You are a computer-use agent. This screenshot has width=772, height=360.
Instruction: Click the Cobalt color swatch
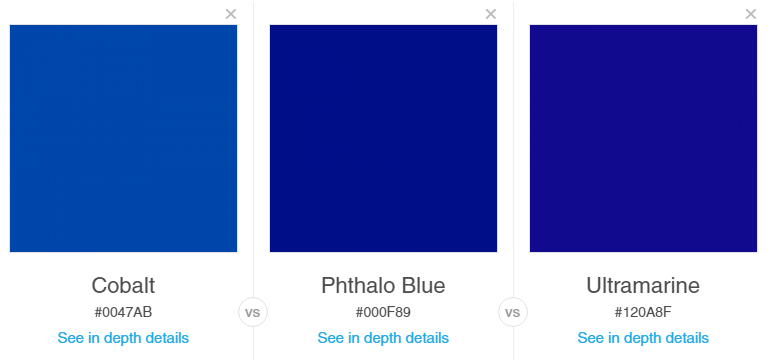[x=123, y=138]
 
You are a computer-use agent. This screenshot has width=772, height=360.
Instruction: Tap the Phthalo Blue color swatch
[x=383, y=138]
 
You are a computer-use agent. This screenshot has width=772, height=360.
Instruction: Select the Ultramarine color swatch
[x=643, y=138]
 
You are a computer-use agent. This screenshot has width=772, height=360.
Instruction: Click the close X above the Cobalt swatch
[x=231, y=14]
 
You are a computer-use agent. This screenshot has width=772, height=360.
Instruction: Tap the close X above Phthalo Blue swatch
[x=491, y=14]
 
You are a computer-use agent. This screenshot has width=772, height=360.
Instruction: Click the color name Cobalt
[x=123, y=285]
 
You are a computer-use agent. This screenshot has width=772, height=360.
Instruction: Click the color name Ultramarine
[x=643, y=285]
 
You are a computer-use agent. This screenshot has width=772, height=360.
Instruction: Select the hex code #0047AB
[x=123, y=312]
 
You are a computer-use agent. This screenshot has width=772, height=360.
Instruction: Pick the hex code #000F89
[x=383, y=312]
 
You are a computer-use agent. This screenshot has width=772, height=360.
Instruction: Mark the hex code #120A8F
[x=643, y=312]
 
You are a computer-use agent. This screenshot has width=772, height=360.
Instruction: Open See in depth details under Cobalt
[x=123, y=338]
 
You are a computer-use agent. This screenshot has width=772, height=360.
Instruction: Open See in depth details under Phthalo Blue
[x=383, y=338]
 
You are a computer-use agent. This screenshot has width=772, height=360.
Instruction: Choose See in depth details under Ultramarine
[x=643, y=338]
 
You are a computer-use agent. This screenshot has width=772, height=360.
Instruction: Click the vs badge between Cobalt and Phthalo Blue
[x=253, y=312]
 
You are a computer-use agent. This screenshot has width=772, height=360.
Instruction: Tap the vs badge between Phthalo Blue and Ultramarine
[x=513, y=312]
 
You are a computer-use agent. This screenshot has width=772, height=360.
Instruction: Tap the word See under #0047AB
[x=71, y=338]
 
